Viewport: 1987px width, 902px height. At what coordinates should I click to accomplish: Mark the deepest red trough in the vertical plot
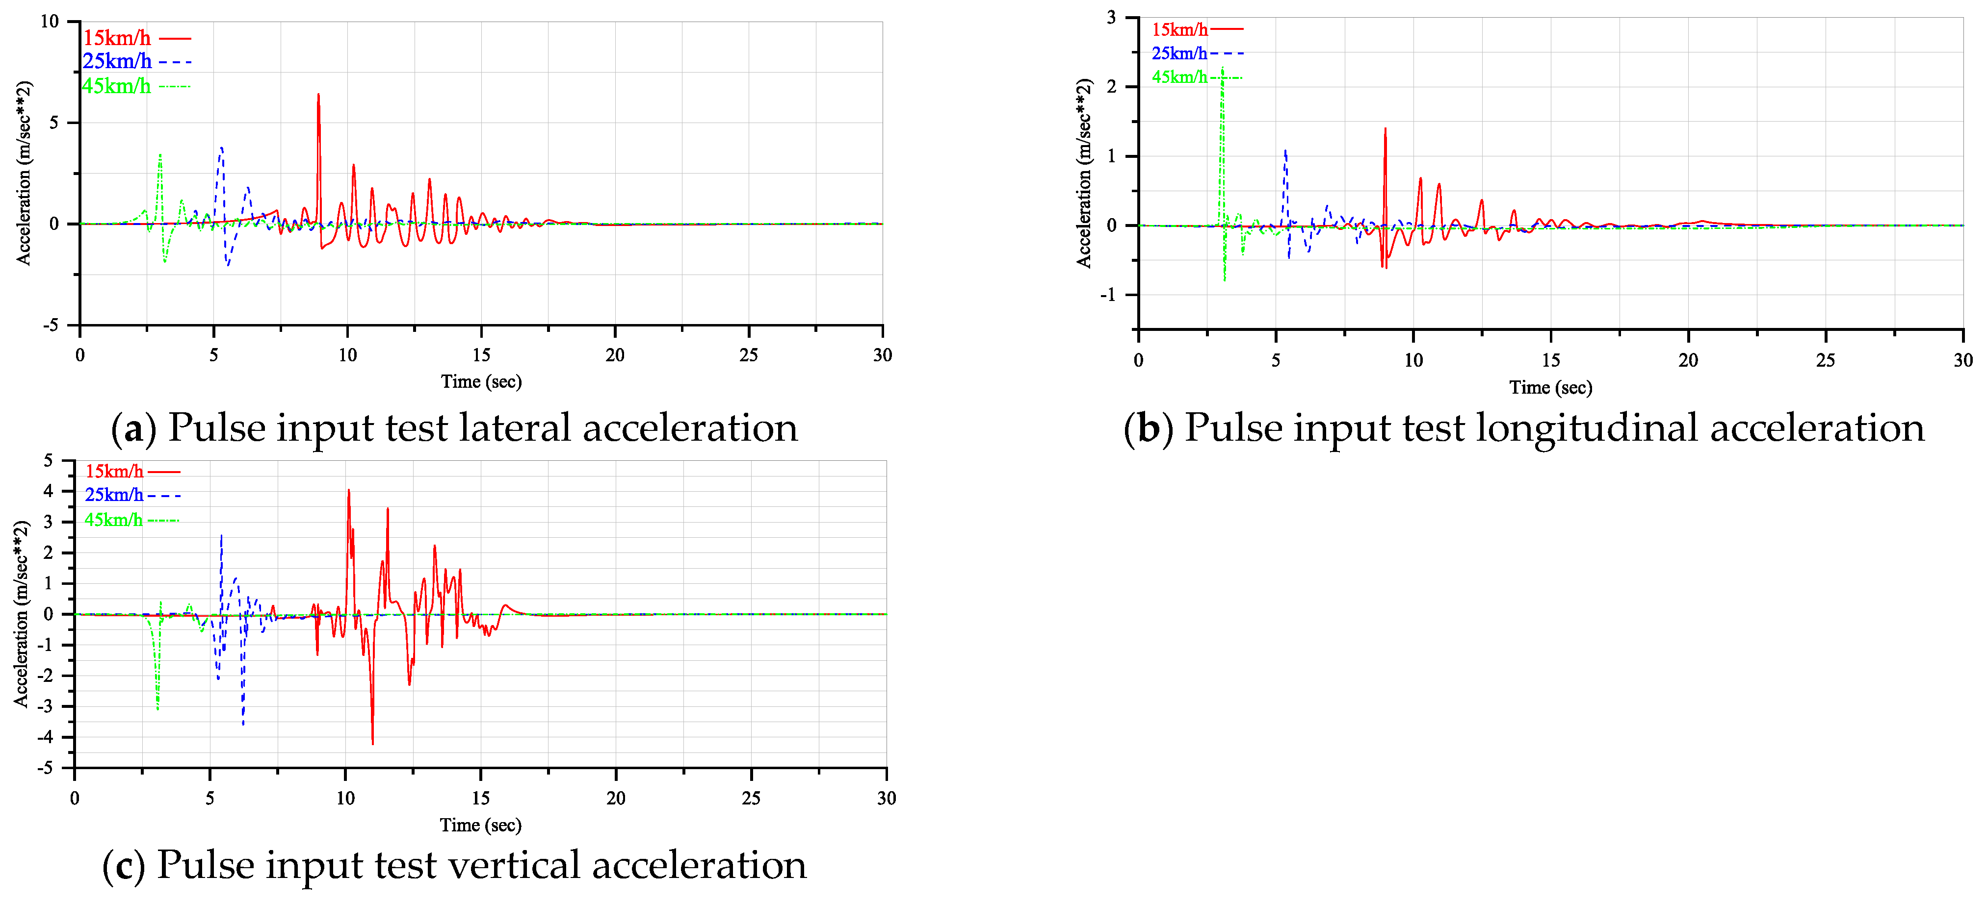[x=372, y=742]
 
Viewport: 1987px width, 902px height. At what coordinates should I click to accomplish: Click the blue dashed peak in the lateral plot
[x=221, y=148]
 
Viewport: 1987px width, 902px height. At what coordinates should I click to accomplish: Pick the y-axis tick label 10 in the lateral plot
[x=50, y=22]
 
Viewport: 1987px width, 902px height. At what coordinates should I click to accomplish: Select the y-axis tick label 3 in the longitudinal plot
[x=1111, y=17]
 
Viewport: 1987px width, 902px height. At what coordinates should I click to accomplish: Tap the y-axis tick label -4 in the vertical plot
[x=47, y=737]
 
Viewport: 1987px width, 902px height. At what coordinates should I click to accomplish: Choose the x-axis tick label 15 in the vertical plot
[x=480, y=798]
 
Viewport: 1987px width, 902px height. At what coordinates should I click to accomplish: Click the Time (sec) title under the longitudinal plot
[x=1550, y=387]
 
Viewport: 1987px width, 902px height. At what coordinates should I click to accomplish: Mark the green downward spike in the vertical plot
[x=157, y=707]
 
